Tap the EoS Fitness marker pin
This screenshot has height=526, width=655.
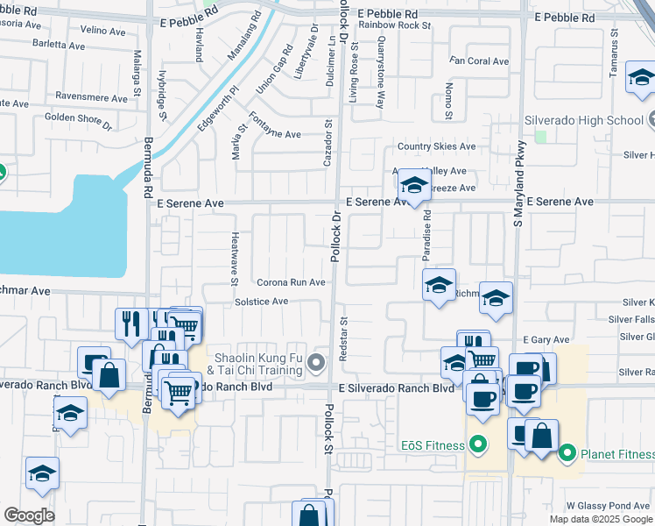click(477, 445)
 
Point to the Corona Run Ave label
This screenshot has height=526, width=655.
click(291, 282)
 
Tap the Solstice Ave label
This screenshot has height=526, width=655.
click(261, 302)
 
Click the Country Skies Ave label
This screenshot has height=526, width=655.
click(436, 146)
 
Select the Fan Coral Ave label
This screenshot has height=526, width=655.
click(479, 61)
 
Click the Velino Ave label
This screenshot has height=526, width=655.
click(104, 30)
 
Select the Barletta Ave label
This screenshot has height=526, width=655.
click(56, 43)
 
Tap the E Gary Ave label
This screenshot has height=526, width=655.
click(546, 339)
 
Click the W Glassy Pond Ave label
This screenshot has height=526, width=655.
click(608, 506)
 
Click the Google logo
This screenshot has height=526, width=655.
click(30, 515)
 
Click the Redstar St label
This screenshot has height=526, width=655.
click(343, 334)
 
